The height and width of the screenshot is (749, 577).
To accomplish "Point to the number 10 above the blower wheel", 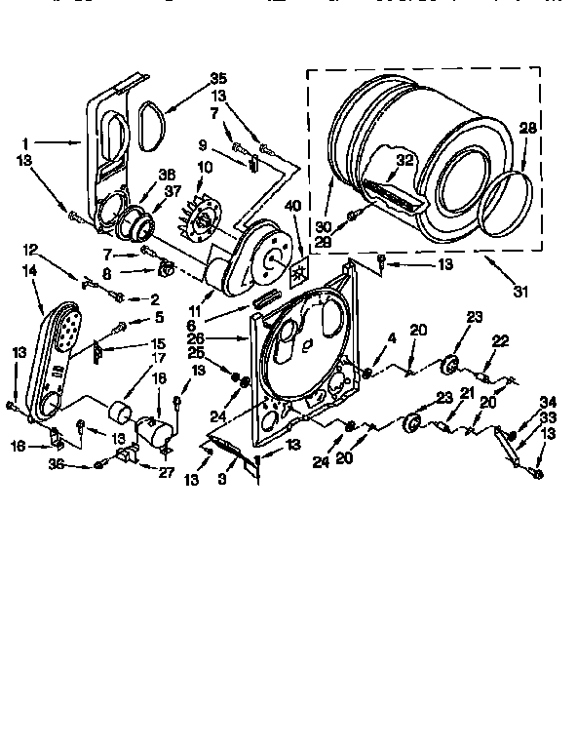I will (204, 167).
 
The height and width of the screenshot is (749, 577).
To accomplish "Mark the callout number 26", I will (222, 339).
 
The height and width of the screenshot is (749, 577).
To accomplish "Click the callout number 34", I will (548, 401).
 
